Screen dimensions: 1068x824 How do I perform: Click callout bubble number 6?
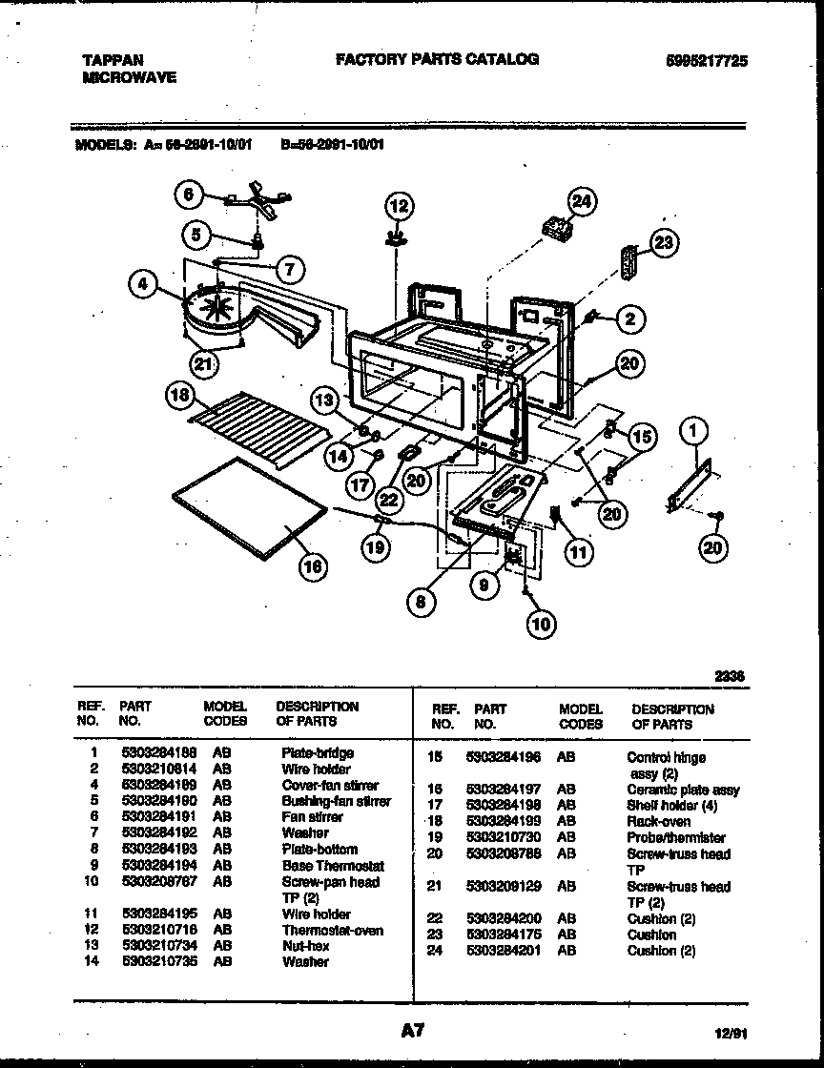188,195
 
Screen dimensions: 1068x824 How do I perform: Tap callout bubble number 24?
580,201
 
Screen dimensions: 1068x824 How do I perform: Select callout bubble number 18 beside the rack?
179,397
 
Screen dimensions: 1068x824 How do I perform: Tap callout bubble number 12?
398,204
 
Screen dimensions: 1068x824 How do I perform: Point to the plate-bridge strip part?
690,484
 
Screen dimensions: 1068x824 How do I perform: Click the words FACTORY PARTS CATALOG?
437,59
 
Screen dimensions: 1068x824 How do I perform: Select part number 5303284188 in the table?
159,752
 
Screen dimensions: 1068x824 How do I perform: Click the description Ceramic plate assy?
683,790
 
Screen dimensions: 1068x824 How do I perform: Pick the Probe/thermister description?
676,837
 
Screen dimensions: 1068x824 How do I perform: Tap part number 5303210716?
159,930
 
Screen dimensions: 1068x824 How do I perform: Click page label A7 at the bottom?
411,1031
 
